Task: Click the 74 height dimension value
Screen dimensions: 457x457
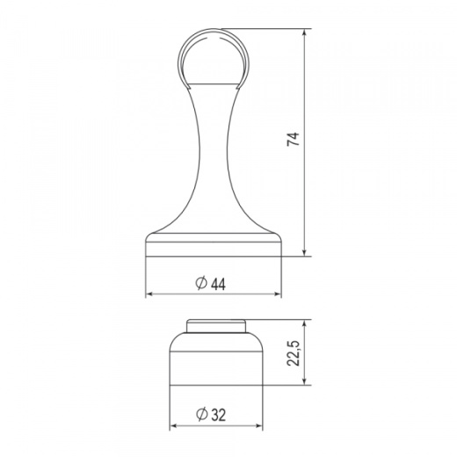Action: (294, 139)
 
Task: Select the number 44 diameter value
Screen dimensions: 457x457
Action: (218, 284)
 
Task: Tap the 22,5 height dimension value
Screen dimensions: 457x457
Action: (294, 353)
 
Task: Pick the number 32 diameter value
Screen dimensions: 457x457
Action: (218, 415)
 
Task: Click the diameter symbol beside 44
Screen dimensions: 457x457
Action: (201, 283)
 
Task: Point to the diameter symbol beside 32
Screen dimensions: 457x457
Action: (202, 415)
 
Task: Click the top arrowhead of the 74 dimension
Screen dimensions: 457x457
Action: (305, 33)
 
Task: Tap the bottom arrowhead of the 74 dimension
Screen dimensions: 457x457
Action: (305, 253)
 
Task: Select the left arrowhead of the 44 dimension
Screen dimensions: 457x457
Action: (149, 294)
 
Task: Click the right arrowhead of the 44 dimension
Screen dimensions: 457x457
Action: (278, 294)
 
